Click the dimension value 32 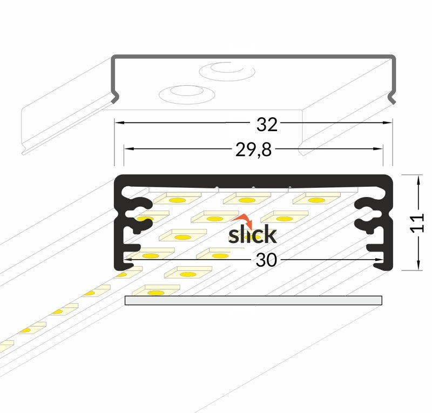267,125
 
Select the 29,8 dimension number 253,150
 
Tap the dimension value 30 266,260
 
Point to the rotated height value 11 417,222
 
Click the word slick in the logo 252,234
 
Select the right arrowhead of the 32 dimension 388,123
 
